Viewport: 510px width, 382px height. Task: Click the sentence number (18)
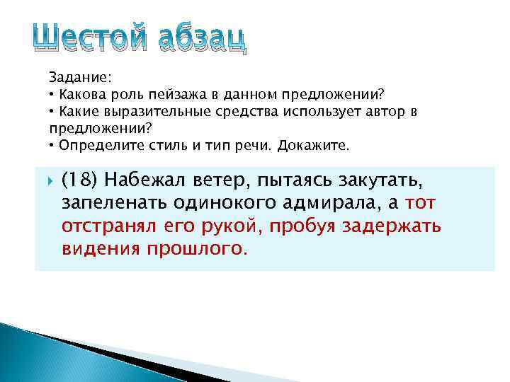(x=80, y=183)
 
